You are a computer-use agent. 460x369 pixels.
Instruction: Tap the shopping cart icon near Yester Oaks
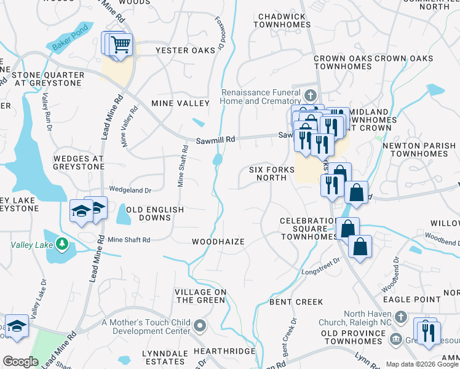(x=121, y=44)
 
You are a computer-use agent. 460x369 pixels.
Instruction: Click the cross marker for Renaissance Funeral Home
(x=311, y=95)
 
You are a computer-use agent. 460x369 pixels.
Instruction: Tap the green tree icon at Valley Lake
(x=61, y=244)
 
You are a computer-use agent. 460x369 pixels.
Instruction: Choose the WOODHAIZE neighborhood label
(x=218, y=242)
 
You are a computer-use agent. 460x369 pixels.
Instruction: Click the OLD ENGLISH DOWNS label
(x=155, y=214)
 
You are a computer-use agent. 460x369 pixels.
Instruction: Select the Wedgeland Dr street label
(x=130, y=190)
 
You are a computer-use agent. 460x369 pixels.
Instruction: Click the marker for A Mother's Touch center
(x=199, y=325)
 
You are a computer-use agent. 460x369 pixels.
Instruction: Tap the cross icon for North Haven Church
(x=401, y=317)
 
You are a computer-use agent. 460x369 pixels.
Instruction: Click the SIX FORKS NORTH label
(x=268, y=173)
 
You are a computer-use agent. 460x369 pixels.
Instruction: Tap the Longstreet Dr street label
(x=320, y=269)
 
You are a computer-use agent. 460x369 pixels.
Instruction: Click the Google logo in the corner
(x=20, y=362)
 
